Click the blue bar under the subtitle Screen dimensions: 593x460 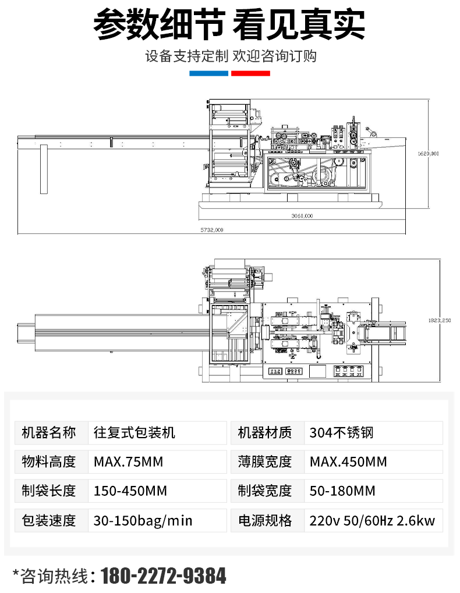coord(208,73)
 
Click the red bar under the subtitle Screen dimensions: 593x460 coord(251,73)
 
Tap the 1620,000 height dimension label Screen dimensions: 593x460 coord(429,153)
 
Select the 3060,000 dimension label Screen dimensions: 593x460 coord(302,216)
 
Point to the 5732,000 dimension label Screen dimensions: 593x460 coord(212,230)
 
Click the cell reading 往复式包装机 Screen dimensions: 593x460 coord(135,433)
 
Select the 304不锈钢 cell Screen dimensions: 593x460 coord(341,433)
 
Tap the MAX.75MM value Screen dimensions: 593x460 coord(128,462)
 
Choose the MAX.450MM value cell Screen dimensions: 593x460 coord(348,462)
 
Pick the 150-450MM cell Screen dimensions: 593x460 coord(130,491)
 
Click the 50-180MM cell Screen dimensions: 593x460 coord(342,491)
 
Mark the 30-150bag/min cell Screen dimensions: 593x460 coord(143,520)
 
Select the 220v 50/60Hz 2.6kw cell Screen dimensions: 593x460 coord(372,520)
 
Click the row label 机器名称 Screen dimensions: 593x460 coord(49,433)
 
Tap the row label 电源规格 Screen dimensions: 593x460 coord(265,520)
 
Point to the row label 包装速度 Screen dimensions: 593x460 coord(49,520)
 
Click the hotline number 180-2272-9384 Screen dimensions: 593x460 coord(164,576)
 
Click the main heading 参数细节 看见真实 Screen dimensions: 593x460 coord(229,24)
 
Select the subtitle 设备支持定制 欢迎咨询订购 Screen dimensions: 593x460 coord(231,56)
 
